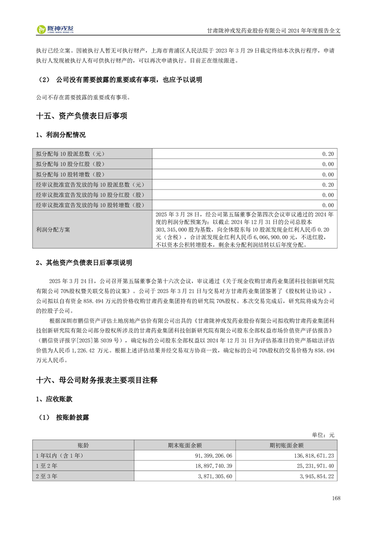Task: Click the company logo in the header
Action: (x=55, y=29)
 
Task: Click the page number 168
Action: (x=336, y=498)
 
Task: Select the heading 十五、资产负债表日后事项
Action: (x=82, y=116)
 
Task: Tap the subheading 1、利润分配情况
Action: (x=61, y=135)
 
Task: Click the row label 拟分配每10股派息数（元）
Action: (x=70, y=154)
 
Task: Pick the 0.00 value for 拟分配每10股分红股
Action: (x=328, y=164)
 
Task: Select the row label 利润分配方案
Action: (x=53, y=229)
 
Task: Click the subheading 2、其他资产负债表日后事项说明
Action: (x=84, y=263)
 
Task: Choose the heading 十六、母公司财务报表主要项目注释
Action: (x=97, y=380)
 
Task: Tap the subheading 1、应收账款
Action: (x=54, y=399)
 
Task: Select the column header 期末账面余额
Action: (x=185, y=446)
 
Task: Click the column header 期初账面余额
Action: (x=286, y=446)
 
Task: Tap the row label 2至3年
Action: (x=46, y=476)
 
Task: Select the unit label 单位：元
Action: (x=323, y=435)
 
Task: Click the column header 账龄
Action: (x=83, y=446)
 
